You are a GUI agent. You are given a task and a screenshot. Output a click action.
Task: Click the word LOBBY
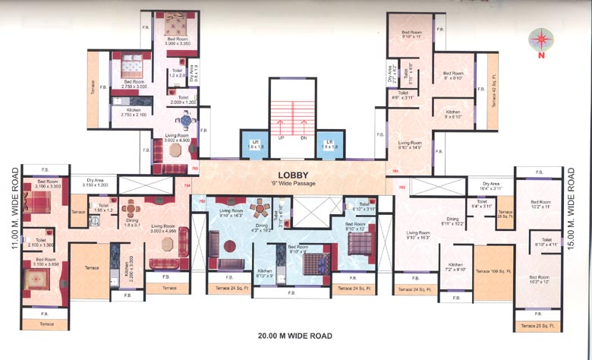click(x=292, y=174)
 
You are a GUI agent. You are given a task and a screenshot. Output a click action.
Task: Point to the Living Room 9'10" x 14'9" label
click(x=410, y=144)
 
